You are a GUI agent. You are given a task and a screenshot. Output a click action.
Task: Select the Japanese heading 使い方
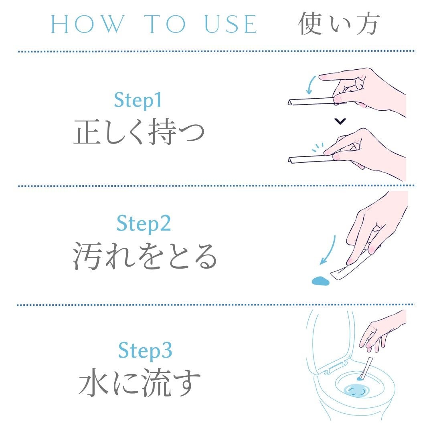(x=339, y=24)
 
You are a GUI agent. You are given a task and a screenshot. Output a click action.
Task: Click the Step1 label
(x=138, y=100)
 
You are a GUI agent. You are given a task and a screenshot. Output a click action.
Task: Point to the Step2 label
(x=144, y=223)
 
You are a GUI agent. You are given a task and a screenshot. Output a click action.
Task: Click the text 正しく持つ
(x=139, y=132)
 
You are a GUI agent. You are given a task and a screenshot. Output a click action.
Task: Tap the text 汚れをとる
(x=145, y=256)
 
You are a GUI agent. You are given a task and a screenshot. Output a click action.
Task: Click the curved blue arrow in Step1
(x=310, y=85)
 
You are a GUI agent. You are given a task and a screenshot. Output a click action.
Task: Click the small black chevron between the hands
(x=340, y=121)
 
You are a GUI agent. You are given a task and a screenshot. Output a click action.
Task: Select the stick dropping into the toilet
(x=366, y=368)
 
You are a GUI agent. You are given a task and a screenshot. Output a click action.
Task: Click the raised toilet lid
(x=330, y=339)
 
